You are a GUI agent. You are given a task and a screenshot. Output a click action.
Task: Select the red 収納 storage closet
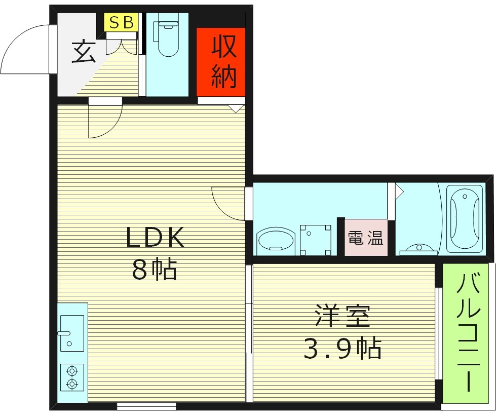(221, 62)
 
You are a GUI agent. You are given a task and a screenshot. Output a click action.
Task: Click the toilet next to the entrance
(168, 39)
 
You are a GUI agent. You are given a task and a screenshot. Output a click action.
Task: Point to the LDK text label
(155, 237)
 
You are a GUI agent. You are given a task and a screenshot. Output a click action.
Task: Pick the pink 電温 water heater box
(365, 238)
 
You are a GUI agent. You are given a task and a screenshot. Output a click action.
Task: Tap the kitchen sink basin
(71, 332)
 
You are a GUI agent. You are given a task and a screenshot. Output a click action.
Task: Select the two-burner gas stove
(72, 377)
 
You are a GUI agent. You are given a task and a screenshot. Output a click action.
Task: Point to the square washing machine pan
(315, 240)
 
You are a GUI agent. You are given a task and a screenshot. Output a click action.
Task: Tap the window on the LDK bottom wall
(146, 406)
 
